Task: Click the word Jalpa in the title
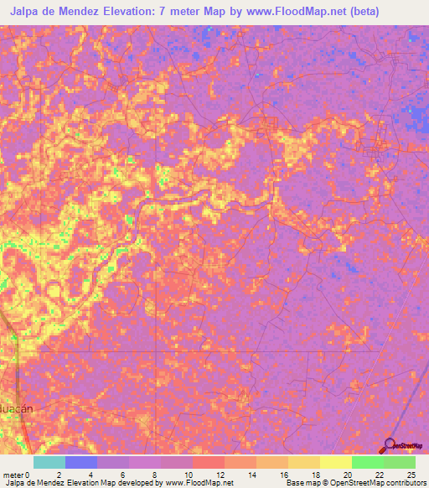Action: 28,12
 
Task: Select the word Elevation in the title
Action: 148,12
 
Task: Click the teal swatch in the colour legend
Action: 49,462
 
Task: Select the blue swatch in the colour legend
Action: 81,462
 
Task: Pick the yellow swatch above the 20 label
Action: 335,462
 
